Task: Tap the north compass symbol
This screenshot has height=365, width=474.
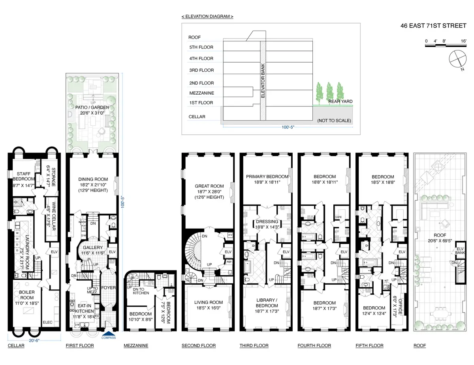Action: point(457,60)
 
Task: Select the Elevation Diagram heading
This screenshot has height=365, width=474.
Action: point(207,17)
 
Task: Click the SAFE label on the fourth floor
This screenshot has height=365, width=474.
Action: point(338,217)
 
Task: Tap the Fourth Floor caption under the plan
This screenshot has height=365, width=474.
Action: point(314,346)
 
